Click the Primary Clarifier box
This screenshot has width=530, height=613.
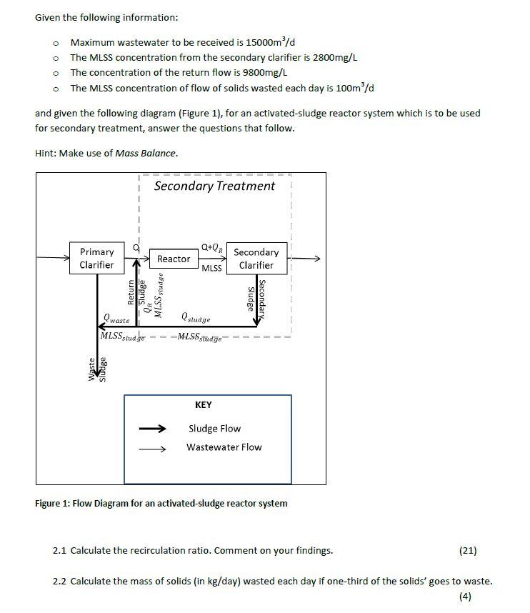[x=96, y=259]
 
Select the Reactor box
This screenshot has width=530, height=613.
[x=174, y=259]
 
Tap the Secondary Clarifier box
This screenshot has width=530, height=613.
[x=256, y=259]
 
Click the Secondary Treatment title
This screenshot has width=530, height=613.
[x=214, y=186]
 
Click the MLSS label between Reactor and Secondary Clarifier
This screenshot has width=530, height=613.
[x=212, y=269]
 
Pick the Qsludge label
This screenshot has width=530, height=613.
[x=196, y=317]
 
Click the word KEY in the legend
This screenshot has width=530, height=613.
[x=204, y=405]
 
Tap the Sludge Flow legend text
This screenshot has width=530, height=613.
[x=214, y=429]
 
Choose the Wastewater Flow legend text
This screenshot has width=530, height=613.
[x=224, y=447]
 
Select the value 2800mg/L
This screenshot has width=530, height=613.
[x=335, y=57]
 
